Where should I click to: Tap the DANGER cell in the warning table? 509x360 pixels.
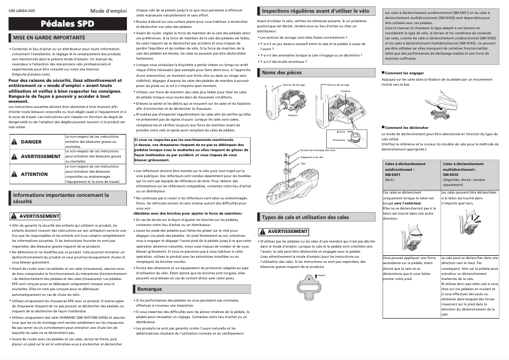click(x=31, y=142)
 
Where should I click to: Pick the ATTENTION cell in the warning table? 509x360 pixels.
click(x=34, y=173)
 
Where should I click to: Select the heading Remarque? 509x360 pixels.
click(x=150, y=289)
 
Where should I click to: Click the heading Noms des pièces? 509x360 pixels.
click(x=282, y=73)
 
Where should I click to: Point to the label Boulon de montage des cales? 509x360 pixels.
click(x=317, y=150)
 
